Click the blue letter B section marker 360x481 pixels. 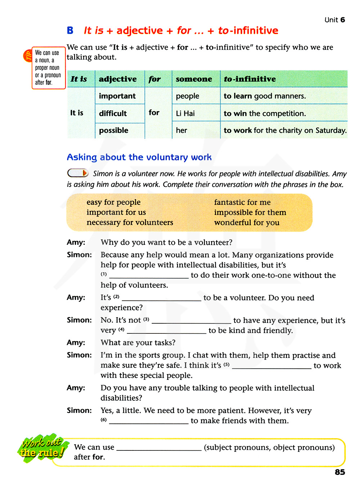click(70, 31)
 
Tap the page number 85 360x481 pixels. click(339, 472)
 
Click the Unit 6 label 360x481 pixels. click(334, 20)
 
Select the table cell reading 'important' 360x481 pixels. click(117, 96)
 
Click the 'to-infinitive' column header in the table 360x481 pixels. click(250, 79)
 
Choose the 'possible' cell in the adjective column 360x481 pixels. click(114, 130)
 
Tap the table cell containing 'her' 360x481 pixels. click(181, 130)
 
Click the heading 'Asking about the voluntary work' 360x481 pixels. click(139, 157)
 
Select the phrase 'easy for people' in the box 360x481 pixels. click(113, 202)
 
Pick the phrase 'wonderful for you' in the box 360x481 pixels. click(247, 222)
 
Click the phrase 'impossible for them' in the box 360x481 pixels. click(250, 212)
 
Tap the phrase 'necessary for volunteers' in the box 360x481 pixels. click(130, 222)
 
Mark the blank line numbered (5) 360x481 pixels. click(271, 367)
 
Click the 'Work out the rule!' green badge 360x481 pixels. click(42, 448)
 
